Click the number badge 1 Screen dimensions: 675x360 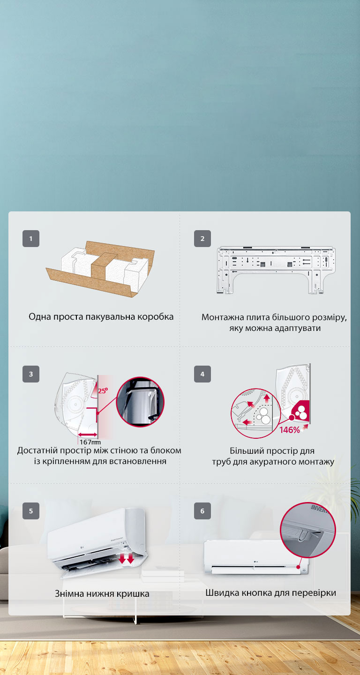[x=31, y=239]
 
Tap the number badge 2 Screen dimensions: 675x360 [x=202, y=239]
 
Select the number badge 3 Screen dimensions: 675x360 [x=31, y=374]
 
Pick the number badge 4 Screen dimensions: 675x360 [x=202, y=374]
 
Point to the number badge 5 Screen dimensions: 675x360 [x=31, y=511]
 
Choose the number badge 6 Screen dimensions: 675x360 [x=202, y=511]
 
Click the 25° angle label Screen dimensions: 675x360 [x=103, y=390]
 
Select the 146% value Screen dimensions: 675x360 [x=290, y=430]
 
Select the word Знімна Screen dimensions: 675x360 [x=70, y=594]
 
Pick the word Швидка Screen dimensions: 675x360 [x=220, y=593]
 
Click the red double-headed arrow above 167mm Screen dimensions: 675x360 [x=88, y=435]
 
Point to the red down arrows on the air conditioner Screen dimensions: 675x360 [x=127, y=558]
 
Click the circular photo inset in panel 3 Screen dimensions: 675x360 [x=140, y=402]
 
